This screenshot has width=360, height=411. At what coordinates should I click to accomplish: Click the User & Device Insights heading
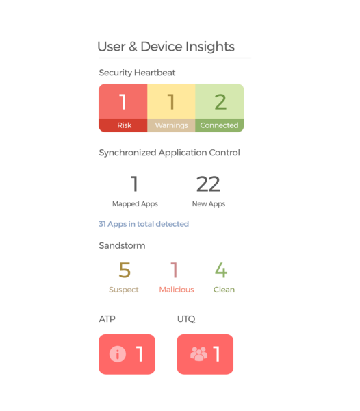coord(166,47)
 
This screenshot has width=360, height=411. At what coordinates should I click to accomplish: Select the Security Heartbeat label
coord(137,73)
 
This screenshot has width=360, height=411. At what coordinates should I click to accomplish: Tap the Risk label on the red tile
coord(124,125)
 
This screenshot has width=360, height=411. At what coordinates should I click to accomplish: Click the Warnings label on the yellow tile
coord(171,125)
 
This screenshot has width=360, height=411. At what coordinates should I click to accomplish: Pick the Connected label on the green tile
coord(219,125)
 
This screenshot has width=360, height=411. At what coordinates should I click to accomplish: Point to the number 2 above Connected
coord(220,101)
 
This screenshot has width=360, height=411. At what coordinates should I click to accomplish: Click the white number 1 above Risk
coord(123,101)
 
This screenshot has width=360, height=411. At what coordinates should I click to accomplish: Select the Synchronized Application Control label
coord(169,153)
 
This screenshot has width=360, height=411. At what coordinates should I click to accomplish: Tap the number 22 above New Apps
coord(208,184)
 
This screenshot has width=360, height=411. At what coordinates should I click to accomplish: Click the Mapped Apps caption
coord(135,204)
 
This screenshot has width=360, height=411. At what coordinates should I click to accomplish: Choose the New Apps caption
coord(209,204)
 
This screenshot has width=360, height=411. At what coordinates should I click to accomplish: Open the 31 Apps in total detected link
coord(144,224)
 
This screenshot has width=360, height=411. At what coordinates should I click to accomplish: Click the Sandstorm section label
coord(122,246)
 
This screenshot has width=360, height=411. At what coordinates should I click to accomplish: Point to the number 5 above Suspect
coord(125,270)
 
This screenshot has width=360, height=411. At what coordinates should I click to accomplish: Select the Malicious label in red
coord(177,290)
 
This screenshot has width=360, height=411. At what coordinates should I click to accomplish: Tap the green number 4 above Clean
coord(221,270)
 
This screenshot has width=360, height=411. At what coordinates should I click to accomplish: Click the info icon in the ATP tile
coord(118,354)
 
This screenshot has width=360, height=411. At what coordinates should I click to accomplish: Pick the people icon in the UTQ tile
coord(198,354)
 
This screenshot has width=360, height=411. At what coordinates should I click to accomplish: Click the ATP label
coord(107,319)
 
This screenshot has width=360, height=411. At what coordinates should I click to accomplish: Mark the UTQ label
coord(186,319)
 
